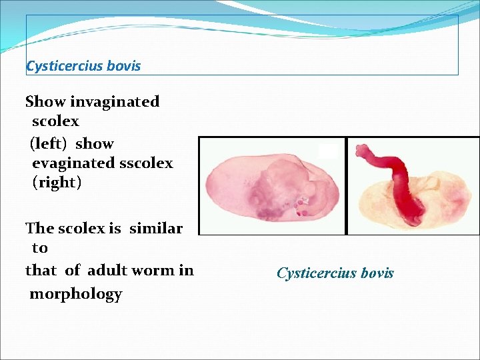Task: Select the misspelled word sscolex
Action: click(145, 163)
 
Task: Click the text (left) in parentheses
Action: click(49, 144)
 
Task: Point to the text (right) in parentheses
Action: click(57, 183)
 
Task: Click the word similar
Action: click(156, 229)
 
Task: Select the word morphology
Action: click(76, 294)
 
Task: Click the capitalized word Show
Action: click(45, 102)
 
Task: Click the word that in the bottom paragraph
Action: click(41, 271)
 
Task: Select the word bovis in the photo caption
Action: click(377, 273)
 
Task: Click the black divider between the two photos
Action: click(346, 186)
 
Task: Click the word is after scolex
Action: click(115, 229)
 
